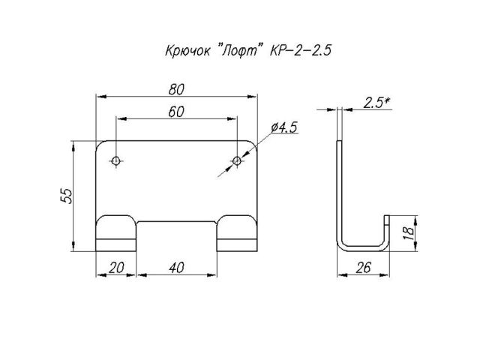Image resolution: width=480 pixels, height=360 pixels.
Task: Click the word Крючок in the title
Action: pyautogui.click(x=186, y=52)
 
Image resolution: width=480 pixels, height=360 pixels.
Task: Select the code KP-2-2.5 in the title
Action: pyautogui.click(x=300, y=52)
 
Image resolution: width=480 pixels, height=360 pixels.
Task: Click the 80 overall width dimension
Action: pyautogui.click(x=177, y=88)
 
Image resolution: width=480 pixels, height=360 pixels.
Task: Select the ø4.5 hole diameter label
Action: pyautogui.click(x=283, y=128)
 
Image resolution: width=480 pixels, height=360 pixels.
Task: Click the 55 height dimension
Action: pyautogui.click(x=66, y=195)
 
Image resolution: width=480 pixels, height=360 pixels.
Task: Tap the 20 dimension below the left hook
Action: pyautogui.click(x=116, y=267)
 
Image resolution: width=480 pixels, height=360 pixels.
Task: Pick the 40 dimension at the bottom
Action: pyautogui.click(x=176, y=267)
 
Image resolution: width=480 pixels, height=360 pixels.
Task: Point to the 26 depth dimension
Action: pyautogui.click(x=363, y=268)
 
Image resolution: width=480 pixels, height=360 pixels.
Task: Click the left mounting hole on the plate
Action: pyautogui.click(x=117, y=161)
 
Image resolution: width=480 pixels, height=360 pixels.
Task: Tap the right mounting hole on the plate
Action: pyautogui.click(x=237, y=161)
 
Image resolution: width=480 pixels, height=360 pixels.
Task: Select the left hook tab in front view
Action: pyautogui.click(x=116, y=232)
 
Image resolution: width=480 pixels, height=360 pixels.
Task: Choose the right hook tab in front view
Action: pyautogui.click(x=237, y=232)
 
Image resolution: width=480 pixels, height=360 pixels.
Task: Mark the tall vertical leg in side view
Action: pyautogui.click(x=341, y=187)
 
